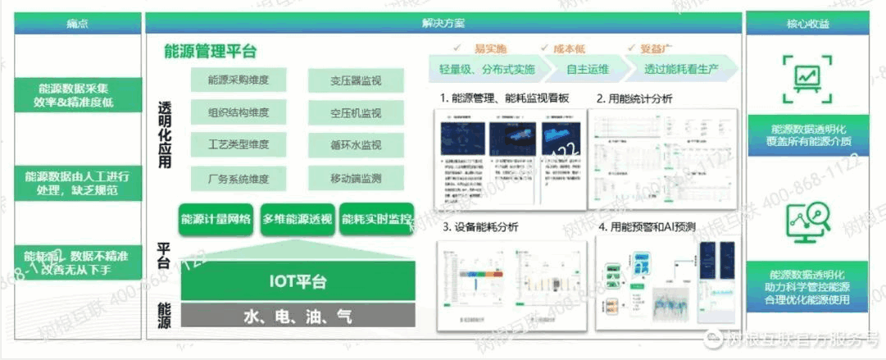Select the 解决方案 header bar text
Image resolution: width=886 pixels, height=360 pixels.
coord(442,24)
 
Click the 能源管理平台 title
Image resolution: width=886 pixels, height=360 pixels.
coord(211,52)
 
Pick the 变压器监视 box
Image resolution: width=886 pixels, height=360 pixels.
coord(356,80)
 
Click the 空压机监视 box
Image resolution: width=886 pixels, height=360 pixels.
coord(356,112)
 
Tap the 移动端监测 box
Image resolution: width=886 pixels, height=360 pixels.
coord(356,176)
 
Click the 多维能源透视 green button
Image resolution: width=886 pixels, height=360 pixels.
coord(297,219)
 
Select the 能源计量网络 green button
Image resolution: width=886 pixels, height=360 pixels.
coord(216,219)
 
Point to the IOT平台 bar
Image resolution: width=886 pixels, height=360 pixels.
coord(298,282)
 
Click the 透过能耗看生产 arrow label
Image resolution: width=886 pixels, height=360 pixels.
coord(681,68)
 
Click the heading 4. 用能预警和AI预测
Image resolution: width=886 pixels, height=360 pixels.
coord(652,227)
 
